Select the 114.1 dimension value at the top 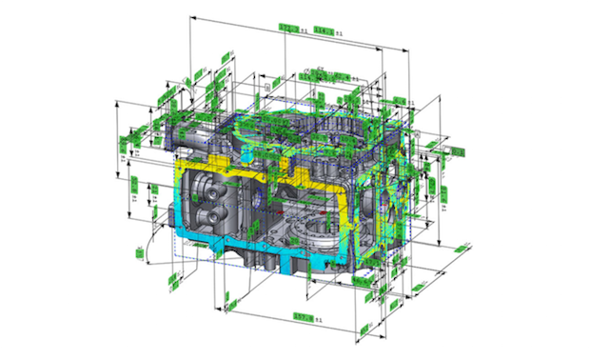pos(324,30)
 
